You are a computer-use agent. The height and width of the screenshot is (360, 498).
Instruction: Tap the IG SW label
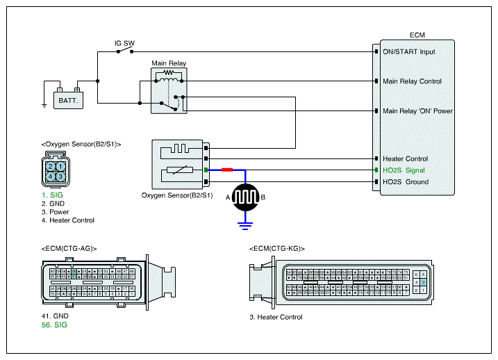pyautogui.click(x=124, y=43)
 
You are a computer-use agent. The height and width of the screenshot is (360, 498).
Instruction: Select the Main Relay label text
pyautogui.click(x=169, y=63)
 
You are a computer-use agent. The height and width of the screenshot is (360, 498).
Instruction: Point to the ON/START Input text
pyautogui.click(x=409, y=51)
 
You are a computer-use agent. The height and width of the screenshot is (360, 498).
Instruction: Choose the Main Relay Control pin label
pyautogui.click(x=412, y=81)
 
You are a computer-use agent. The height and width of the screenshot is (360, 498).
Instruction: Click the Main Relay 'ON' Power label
pyautogui.click(x=417, y=111)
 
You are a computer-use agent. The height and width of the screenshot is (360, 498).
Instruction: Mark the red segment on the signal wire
pyautogui.click(x=227, y=170)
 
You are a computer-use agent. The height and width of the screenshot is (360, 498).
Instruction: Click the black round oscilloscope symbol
pyautogui.click(x=244, y=197)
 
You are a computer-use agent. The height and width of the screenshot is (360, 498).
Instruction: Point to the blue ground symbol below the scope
pyautogui.click(x=244, y=224)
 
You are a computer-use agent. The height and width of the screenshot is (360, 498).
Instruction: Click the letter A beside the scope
pyautogui.click(x=227, y=198)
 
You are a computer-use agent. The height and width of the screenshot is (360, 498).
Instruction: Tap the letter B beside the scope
pyautogui.click(x=263, y=198)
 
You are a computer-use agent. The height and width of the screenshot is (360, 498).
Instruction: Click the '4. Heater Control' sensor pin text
pyautogui.click(x=67, y=220)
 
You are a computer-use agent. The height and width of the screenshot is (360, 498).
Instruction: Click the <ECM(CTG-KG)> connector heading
pyautogui.click(x=276, y=248)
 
